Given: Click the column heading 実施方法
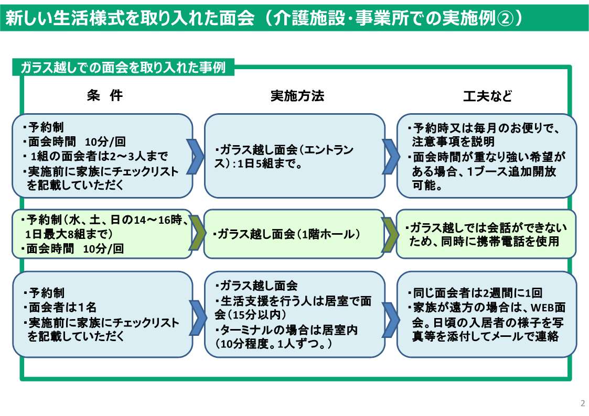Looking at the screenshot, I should (x=297, y=96).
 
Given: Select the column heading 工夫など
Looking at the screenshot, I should (x=487, y=96).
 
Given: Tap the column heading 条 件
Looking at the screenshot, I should (x=105, y=96).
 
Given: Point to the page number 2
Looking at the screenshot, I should (x=583, y=403).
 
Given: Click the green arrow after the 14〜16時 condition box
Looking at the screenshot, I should (x=198, y=234).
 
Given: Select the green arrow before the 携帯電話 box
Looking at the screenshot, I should (x=391, y=234).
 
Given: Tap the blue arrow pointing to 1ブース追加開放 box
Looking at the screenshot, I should (x=391, y=156).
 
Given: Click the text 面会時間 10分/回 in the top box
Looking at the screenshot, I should (x=77, y=142).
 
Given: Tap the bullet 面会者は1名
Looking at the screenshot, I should (x=62, y=308).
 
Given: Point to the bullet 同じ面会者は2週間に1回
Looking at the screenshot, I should (x=477, y=293).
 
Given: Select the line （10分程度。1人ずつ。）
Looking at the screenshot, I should (x=274, y=344).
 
